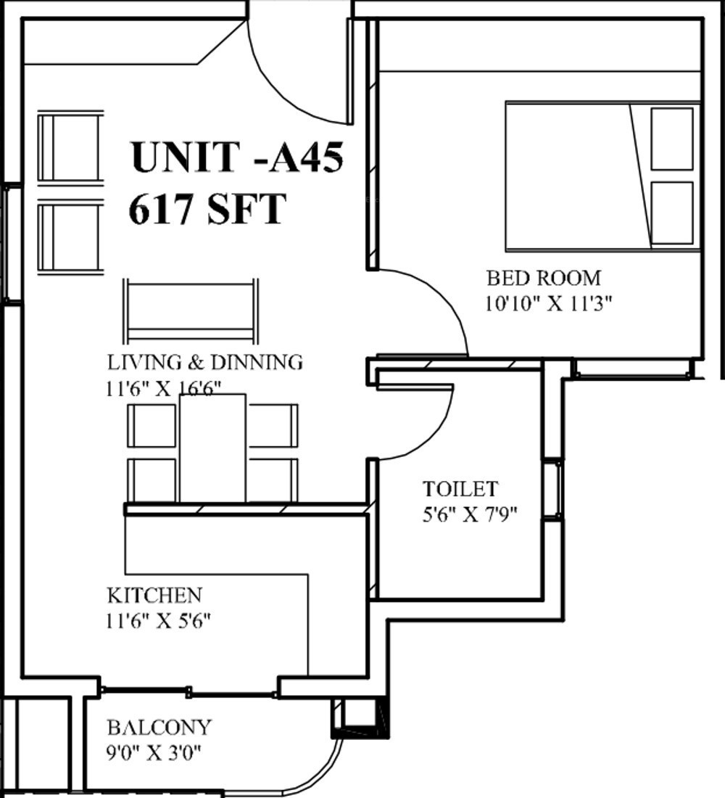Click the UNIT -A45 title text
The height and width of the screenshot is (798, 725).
click(237, 157)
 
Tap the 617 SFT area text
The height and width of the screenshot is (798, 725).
click(207, 208)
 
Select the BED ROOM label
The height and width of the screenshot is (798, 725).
click(544, 278)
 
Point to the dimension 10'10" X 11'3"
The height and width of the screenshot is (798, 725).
click(548, 304)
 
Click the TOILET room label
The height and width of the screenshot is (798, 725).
click(460, 488)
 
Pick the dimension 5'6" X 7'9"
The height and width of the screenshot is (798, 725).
click(470, 514)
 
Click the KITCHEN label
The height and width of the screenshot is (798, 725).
click(154, 595)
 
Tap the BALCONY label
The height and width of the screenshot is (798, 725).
click(159, 727)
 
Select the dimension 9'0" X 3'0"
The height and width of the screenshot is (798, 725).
click(154, 753)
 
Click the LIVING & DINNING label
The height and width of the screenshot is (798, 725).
click(205, 362)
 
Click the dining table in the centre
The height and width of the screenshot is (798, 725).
click(212, 448)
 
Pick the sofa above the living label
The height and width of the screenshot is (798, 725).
click(190, 311)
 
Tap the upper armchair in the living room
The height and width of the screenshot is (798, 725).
click(70, 147)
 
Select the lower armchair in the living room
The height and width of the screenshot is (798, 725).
click(70, 237)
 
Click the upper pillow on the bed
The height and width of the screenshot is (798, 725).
click(671, 139)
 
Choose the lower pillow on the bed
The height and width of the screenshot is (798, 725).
click(671, 213)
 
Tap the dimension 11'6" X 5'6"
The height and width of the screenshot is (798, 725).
click(158, 621)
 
